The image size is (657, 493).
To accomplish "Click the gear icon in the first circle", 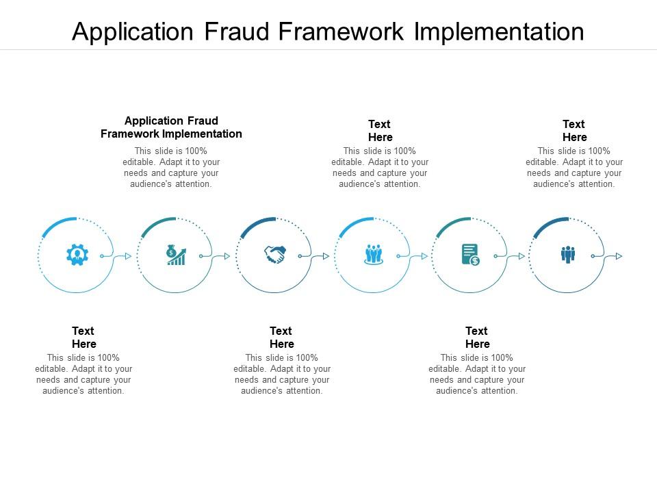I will (x=77, y=255).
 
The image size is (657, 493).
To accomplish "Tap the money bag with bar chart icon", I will (x=176, y=255).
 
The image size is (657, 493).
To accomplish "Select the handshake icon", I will (x=275, y=255).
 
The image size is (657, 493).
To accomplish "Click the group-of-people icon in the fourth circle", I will (x=373, y=255).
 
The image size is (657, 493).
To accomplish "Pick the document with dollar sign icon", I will (x=471, y=255).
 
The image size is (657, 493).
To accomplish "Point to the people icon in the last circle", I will (x=568, y=255).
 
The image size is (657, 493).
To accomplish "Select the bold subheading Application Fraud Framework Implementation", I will (x=171, y=127).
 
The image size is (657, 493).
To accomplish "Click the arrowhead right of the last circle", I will (x=619, y=256).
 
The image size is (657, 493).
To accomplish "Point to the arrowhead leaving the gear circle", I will (x=128, y=256).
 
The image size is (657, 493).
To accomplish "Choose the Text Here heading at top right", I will (x=574, y=130).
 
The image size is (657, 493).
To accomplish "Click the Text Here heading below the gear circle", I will (x=83, y=337).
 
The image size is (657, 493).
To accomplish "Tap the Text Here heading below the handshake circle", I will (x=281, y=337).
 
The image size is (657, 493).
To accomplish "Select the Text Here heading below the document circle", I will (x=477, y=337).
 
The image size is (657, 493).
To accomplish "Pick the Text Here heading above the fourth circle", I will (x=380, y=130).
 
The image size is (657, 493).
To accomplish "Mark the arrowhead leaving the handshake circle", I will (x=326, y=256).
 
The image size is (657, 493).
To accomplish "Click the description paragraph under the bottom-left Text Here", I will (x=83, y=374).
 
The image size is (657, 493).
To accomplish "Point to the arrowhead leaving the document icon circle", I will (x=521, y=256).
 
